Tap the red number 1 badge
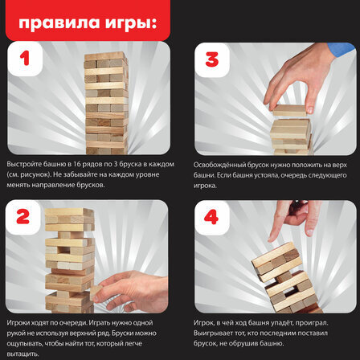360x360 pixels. coord(24,59)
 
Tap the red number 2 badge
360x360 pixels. coord(24,218)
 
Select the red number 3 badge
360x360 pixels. coord(212,59)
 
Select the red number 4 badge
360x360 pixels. coord(212,218)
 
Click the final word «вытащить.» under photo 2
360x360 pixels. coord(20,353)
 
